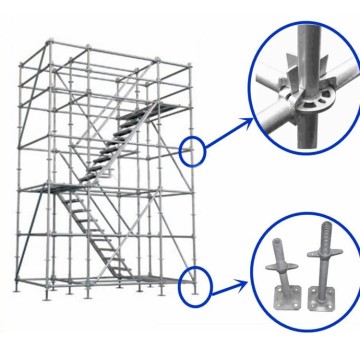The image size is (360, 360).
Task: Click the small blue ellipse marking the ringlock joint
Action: [191, 151]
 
